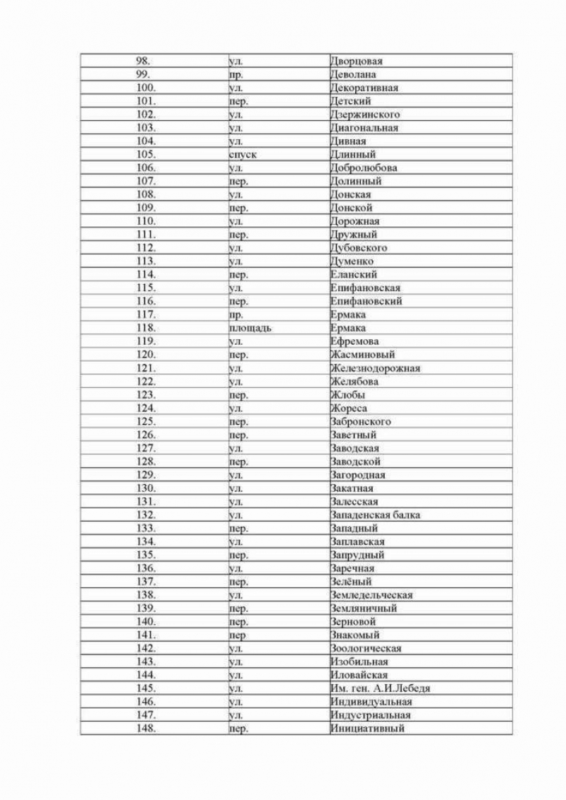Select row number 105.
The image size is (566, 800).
[146, 155]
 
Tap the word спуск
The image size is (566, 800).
[243, 155]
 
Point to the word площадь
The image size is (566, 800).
[250, 329]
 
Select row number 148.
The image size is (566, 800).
[146, 729]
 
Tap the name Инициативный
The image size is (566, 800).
[367, 729]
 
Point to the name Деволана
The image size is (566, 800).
[353, 74]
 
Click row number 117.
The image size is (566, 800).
[146, 315]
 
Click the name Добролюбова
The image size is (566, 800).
[364, 168]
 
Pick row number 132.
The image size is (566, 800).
[146, 515]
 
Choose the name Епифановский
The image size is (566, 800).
[366, 302]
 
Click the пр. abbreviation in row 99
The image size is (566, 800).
[236, 74]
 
